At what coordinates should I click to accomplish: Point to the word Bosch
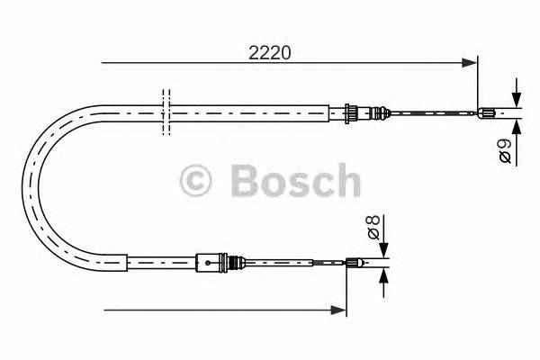point(295,181)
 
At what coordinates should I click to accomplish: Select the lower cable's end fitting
point(354,263)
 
